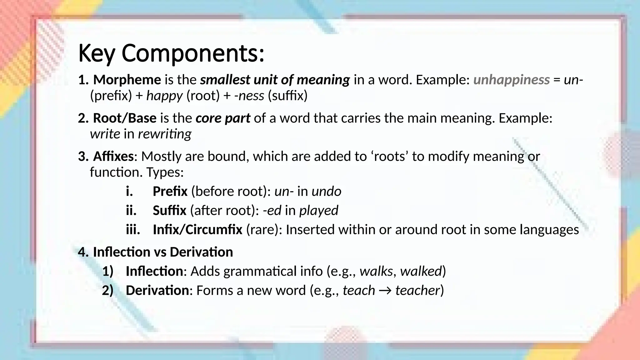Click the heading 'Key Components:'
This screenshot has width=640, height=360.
click(x=171, y=53)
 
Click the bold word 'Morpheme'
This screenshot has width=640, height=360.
click(x=127, y=80)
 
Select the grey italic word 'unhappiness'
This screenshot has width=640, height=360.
click(x=511, y=80)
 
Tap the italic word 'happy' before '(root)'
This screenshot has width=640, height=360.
click(x=164, y=96)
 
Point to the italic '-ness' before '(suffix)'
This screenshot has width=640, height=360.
click(x=249, y=96)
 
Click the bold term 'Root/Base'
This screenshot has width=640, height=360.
click(x=125, y=118)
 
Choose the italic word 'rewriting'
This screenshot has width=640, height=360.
click(x=165, y=134)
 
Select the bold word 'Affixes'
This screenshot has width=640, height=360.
click(x=113, y=156)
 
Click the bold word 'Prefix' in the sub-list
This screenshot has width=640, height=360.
click(x=170, y=191)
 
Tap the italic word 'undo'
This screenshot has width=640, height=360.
click(x=326, y=191)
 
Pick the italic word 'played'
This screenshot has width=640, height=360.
click(x=319, y=210)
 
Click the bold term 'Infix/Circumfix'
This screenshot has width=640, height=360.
click(x=197, y=230)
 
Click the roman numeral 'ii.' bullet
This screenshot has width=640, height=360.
click(x=131, y=210)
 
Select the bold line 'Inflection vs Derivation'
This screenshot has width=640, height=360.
click(x=163, y=252)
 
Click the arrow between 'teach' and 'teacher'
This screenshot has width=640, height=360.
click(x=385, y=291)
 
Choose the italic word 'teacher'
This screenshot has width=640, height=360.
click(x=417, y=291)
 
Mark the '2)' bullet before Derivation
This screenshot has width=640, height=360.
click(x=107, y=291)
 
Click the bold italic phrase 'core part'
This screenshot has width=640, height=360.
click(x=223, y=118)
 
